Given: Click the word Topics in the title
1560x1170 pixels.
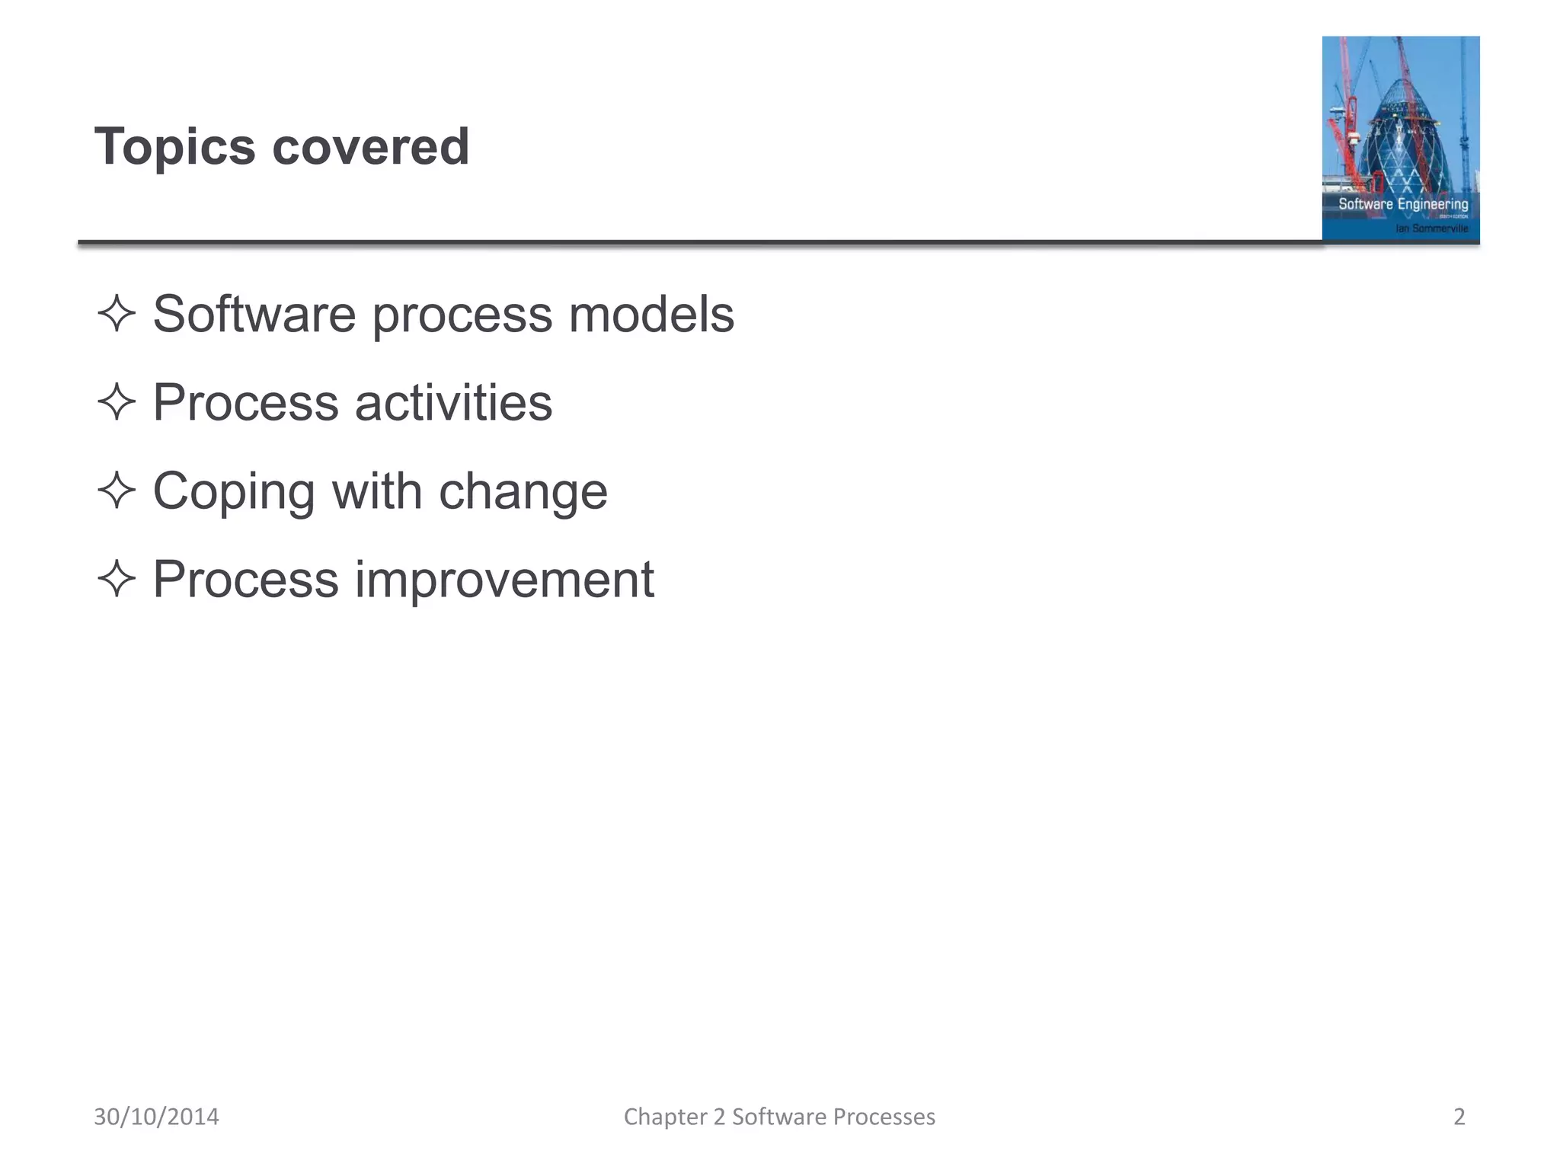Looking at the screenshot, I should (174, 147).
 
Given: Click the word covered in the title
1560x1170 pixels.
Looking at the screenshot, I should (370, 147).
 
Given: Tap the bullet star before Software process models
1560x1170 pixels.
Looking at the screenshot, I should (117, 314).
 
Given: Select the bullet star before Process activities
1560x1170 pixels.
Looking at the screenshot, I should (117, 402).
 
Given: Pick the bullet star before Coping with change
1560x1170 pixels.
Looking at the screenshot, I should (117, 491).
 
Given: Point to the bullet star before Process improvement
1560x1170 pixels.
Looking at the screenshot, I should (117, 579).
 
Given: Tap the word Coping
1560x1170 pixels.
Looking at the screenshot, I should (234, 492).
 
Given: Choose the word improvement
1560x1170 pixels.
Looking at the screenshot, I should (504, 580).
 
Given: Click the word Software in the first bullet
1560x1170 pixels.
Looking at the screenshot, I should (254, 314).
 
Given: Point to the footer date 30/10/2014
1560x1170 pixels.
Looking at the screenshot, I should (156, 1117).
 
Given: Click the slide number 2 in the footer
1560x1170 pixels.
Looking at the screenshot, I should (1459, 1117).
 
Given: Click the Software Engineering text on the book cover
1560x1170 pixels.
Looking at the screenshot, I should (1403, 204).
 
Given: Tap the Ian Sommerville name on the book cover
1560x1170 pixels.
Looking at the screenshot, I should (1431, 229).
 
